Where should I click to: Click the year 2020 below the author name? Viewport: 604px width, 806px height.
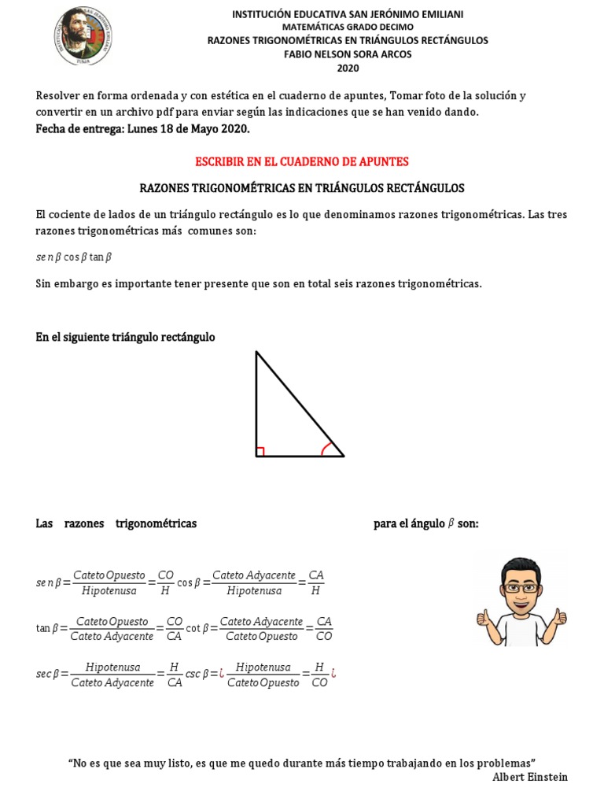[x=347, y=68]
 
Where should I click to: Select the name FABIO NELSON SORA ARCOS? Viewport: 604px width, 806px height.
[x=347, y=54]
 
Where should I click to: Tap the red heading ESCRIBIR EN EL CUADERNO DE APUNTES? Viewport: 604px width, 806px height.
[x=302, y=161]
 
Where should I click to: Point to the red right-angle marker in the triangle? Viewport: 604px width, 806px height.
[x=260, y=452]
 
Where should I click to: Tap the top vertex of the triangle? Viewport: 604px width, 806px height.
[x=256, y=352]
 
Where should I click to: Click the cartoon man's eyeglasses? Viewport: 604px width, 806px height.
[x=521, y=586]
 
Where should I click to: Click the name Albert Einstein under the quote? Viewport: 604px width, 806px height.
[x=529, y=777]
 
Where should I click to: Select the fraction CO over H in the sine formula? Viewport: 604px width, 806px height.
[x=165, y=582]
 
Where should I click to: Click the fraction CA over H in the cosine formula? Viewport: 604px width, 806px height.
[x=315, y=582]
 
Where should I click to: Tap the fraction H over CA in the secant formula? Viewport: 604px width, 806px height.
[x=175, y=675]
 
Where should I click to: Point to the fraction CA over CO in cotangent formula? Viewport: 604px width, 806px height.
[x=323, y=628]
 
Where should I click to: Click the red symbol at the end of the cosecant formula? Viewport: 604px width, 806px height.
[x=333, y=674]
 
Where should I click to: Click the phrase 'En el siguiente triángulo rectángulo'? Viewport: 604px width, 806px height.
[x=125, y=337]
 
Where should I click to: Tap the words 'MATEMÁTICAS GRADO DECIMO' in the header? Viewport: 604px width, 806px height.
[x=347, y=27]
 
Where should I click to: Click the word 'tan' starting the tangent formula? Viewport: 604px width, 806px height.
[x=42, y=628]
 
